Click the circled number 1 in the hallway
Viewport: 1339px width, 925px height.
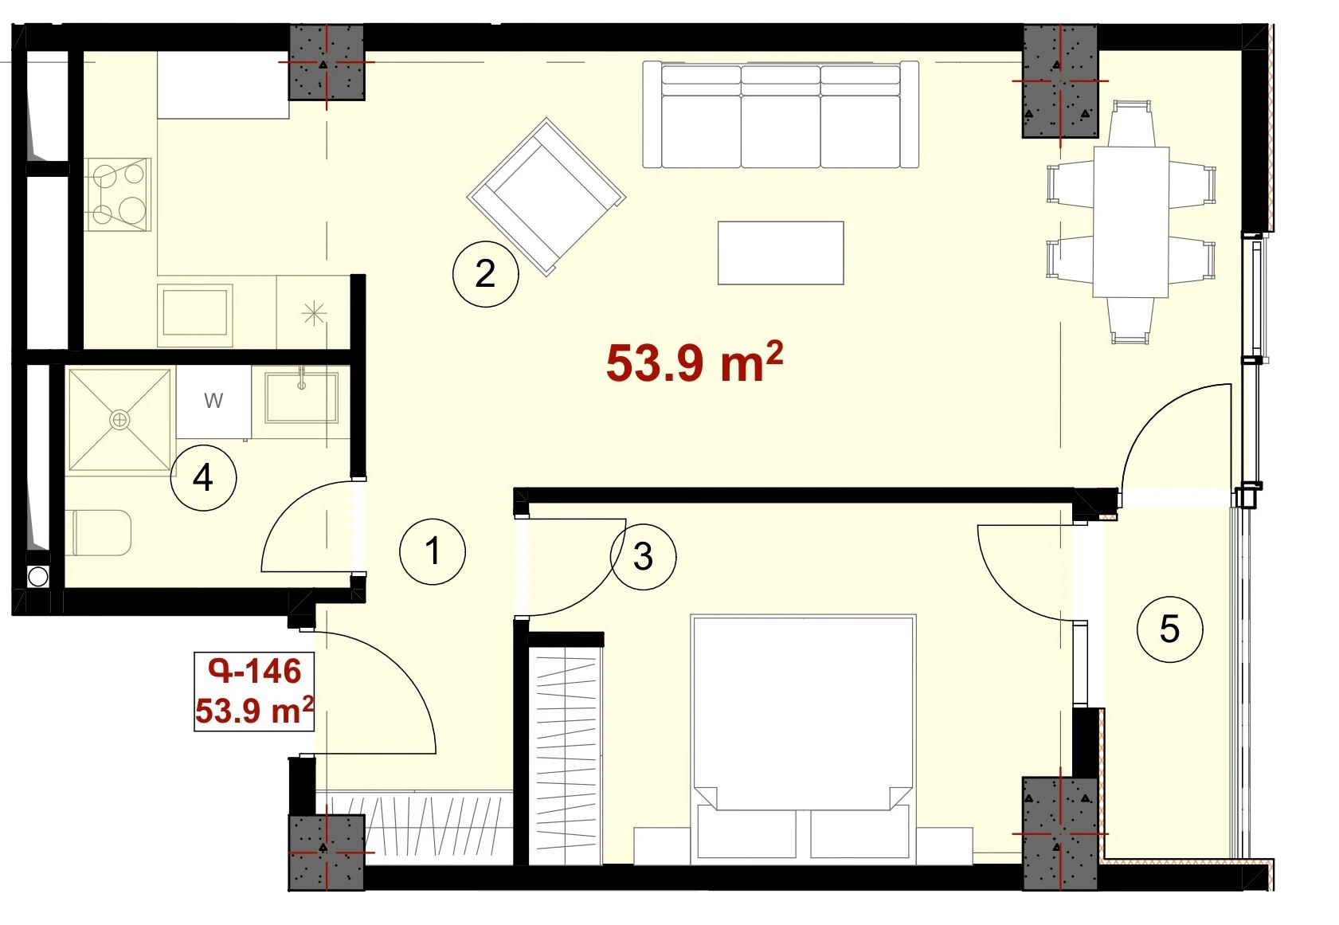[433, 551]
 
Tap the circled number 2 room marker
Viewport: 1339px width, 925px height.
[485, 274]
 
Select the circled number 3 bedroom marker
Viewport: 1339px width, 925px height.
[643, 557]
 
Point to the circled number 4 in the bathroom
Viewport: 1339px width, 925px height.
[203, 478]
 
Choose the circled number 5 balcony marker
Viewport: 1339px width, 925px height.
[1170, 629]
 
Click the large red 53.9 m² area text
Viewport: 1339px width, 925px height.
[694, 363]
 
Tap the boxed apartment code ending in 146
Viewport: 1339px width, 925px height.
[254, 692]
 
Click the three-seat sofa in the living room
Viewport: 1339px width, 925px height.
[781, 115]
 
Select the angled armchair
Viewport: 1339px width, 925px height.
[546, 197]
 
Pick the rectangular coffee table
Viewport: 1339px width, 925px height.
[781, 253]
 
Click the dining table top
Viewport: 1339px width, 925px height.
[1131, 221]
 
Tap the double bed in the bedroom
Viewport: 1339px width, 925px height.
[803, 739]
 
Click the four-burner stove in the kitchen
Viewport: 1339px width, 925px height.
[117, 194]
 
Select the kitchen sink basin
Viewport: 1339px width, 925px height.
[195, 312]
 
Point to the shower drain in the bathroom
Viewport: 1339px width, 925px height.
[119, 420]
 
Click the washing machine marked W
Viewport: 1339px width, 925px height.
[213, 402]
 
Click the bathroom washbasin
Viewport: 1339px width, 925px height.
[302, 397]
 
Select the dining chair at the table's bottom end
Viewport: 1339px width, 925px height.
[1130, 320]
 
